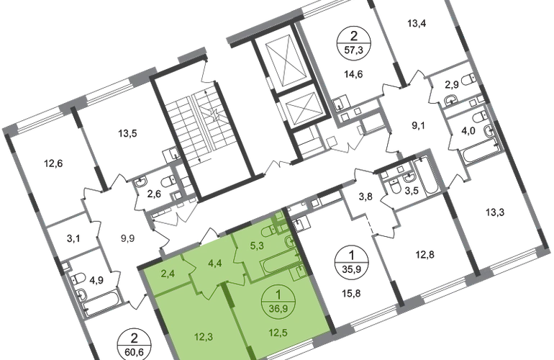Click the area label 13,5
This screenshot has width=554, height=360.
(x=127, y=134)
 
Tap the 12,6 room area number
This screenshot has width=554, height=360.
(x=53, y=163)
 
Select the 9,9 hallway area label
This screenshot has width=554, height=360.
(x=127, y=238)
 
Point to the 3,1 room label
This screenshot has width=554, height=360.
(x=73, y=239)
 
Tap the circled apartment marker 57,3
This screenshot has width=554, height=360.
(x=353, y=41)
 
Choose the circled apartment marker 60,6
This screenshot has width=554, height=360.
(x=134, y=345)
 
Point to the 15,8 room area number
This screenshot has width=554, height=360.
(x=352, y=293)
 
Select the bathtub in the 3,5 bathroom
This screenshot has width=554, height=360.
(x=427, y=176)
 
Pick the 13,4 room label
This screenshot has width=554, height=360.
(x=417, y=24)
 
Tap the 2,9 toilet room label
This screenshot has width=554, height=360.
(x=452, y=84)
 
